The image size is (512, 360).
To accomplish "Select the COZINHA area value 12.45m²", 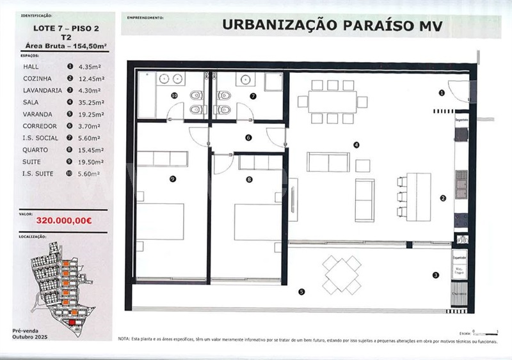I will pos(91,78).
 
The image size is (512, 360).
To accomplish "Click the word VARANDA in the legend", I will pos(40,114).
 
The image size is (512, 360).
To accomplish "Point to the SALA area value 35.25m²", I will pos(91,102).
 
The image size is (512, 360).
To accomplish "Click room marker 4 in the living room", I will pos(356,145).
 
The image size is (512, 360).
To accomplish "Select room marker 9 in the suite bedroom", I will pos(173,179).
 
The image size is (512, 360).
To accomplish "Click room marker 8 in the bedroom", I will pos(248,180).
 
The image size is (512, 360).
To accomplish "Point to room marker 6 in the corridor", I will pos(248,137).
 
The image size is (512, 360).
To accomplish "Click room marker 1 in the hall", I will pos(442,93).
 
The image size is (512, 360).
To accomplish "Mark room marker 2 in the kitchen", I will pos(442,198).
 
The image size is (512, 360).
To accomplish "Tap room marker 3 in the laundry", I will pos(436,276).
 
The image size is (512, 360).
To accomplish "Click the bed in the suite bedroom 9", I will pos(160,222).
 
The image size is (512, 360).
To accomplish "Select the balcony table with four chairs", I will pos(341,274).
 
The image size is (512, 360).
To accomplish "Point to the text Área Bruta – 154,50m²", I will pos(65,46).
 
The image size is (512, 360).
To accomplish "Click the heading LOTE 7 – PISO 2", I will pos(65,27).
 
